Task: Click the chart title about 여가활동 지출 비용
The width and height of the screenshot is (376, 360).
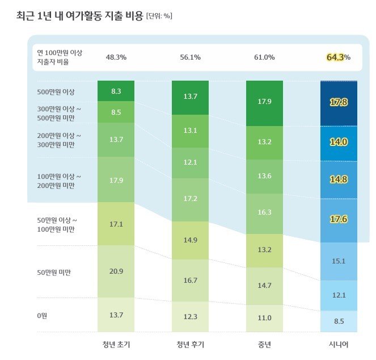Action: [79, 15]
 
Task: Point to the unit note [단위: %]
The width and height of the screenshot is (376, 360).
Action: [159, 16]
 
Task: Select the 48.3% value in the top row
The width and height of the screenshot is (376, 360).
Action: [116, 57]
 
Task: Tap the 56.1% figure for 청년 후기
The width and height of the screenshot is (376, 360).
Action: [190, 57]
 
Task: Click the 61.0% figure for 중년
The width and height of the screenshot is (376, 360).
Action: [264, 57]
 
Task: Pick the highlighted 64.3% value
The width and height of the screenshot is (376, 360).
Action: [338, 57]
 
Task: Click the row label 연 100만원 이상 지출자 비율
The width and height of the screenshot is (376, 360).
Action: [60, 57]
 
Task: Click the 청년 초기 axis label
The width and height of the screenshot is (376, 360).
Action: [116, 344]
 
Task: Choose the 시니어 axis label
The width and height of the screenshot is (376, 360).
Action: [339, 344]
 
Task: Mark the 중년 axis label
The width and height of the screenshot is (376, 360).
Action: [264, 344]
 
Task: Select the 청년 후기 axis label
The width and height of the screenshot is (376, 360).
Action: [190, 344]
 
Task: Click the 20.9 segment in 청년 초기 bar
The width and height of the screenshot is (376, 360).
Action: [116, 271]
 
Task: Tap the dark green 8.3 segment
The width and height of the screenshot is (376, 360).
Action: [116, 91]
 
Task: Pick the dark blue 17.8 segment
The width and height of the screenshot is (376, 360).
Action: [339, 102]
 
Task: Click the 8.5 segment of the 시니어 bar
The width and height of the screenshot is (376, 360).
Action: [339, 321]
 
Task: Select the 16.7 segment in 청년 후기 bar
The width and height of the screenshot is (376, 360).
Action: [190, 280]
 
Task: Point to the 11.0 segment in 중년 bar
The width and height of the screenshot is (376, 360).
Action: [264, 318]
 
